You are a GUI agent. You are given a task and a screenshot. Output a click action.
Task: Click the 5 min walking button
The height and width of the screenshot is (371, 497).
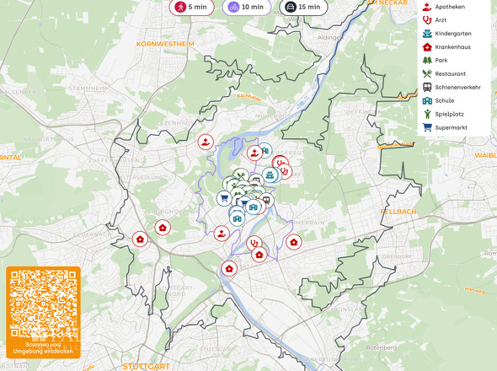coord(190,7)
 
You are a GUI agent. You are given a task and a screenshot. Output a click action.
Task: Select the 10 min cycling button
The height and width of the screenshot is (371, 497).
coord(245,7)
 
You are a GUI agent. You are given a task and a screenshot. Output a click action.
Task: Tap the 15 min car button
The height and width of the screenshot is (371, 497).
coord(302,7)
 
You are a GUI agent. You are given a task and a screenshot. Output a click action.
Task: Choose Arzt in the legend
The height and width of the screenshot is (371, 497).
coord(440,19)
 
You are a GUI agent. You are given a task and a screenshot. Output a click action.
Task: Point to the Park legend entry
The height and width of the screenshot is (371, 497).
coord(441,60)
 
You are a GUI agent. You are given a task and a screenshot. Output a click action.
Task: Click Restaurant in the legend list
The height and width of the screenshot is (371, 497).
coord(449,73)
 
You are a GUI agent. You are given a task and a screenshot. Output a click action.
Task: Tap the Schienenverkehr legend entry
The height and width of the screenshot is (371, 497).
coord(457,87)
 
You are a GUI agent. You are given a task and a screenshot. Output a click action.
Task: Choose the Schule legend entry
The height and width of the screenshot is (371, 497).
coord(444,100)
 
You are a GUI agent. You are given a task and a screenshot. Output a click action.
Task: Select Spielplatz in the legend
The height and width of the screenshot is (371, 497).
coord(449,114)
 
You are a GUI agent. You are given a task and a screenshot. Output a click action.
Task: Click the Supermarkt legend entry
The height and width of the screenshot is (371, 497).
coord(451,127)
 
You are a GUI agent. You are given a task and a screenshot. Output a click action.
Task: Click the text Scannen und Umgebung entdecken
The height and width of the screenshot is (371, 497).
coord(43,347)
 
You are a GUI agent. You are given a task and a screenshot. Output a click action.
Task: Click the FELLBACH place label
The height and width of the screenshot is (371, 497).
coord(398,211)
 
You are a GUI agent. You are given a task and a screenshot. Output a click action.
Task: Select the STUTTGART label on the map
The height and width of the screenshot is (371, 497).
coord(146,367)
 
